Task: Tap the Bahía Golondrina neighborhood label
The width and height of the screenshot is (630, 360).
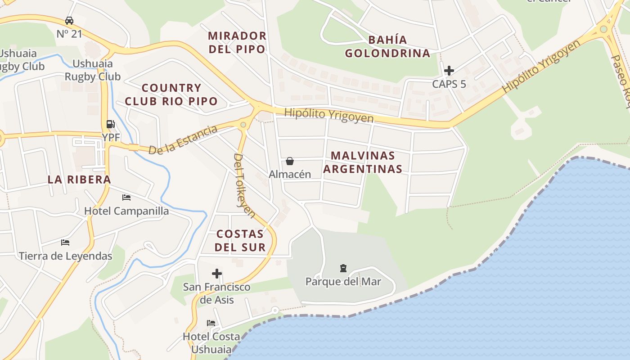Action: [387, 46]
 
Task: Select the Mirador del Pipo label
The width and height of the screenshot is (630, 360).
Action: [237, 42]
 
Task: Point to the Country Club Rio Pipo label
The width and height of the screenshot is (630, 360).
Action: [171, 94]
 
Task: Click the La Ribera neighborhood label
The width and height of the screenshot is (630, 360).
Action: [79, 180]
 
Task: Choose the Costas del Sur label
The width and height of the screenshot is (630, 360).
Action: [240, 240]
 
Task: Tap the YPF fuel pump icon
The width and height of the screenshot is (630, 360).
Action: [110, 124]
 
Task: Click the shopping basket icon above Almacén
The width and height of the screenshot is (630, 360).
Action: [290, 161]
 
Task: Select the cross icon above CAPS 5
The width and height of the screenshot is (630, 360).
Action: [449, 71]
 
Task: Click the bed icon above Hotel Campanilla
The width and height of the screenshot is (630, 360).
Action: [126, 198]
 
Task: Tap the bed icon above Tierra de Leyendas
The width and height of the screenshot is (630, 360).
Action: [65, 243]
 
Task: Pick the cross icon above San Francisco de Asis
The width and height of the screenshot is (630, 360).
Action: [217, 274]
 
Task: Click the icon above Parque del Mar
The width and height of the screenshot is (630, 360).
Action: [343, 269]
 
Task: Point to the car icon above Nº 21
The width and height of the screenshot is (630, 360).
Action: [69, 21]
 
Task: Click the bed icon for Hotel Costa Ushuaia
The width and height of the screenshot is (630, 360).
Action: [211, 323]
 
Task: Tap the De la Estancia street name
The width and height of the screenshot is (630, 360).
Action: [183, 140]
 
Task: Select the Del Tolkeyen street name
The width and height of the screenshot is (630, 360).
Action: [244, 185]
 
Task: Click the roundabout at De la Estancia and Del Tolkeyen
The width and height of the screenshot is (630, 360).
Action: [243, 125]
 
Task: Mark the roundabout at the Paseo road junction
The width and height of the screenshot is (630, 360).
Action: [603, 29]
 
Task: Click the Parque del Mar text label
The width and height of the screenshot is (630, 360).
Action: [343, 282]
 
